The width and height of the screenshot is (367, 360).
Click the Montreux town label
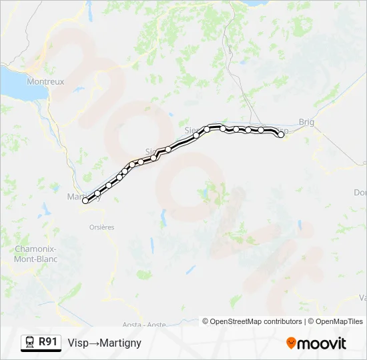45,81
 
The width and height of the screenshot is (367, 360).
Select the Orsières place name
101,227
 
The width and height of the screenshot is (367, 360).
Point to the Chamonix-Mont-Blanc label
35,254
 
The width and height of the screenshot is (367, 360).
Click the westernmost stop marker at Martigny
85,201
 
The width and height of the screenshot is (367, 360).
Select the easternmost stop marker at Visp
281,135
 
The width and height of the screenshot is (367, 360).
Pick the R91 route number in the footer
48,342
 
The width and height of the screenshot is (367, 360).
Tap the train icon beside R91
30,343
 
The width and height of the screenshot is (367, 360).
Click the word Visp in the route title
78,343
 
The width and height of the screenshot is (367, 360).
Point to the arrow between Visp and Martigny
94,343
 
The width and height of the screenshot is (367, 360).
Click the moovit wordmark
322,343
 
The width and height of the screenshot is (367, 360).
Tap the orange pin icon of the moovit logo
291,343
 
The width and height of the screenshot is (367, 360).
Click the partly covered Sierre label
192,131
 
